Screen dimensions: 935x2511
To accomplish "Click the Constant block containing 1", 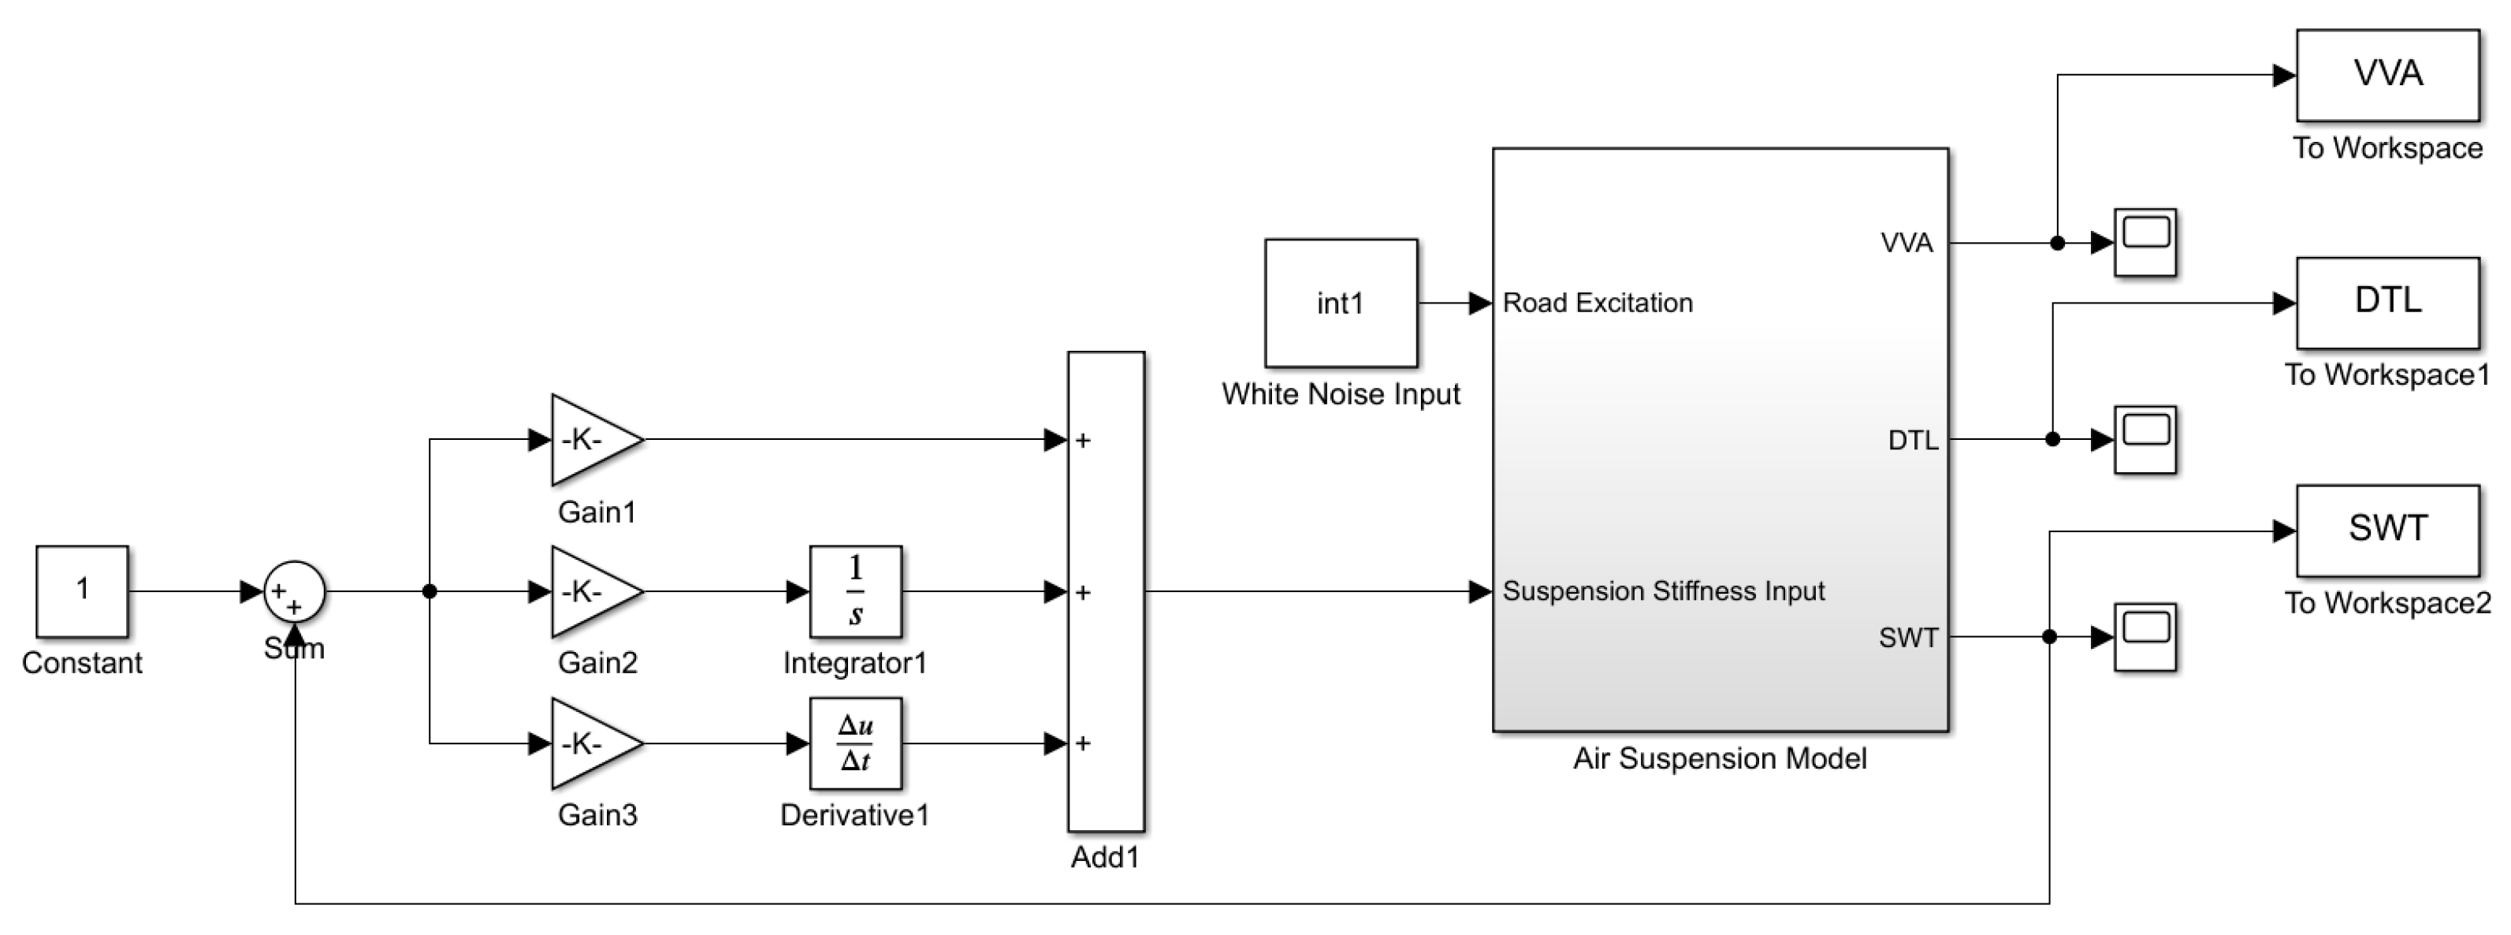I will point(82,590).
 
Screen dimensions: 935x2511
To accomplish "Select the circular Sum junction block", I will point(295,590).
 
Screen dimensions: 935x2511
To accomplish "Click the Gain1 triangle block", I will point(590,440).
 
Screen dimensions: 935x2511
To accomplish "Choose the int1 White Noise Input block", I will point(1341,304).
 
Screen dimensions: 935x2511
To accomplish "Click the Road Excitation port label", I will point(1598,304).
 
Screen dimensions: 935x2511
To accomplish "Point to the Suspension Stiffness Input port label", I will point(1663,590).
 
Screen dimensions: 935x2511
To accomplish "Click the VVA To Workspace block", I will point(2387,75).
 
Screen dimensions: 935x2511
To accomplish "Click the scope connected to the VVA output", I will point(2145,242).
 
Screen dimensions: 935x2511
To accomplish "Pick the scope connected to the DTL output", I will point(2145,440).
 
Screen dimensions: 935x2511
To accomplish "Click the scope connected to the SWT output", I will point(2145,637).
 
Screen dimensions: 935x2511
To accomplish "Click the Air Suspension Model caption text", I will point(1720,758).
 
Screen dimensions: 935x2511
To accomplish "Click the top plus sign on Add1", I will point(1083,441).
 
